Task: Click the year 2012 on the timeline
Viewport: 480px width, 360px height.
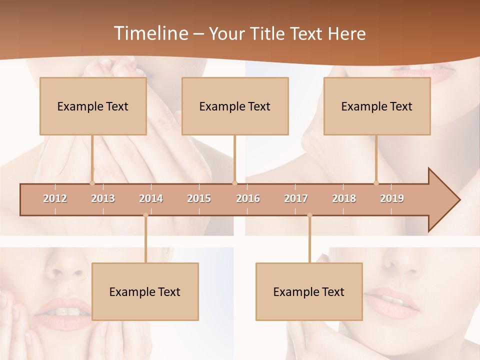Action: (55, 198)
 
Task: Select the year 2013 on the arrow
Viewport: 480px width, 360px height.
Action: (103, 198)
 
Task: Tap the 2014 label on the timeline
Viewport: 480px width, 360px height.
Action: (151, 198)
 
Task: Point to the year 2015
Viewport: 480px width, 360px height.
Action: (199, 198)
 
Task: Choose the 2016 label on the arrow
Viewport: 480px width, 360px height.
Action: (248, 198)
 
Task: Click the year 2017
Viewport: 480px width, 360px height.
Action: (296, 198)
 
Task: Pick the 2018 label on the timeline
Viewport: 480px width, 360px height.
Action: (344, 198)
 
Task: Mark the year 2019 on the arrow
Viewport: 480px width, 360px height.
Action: (392, 198)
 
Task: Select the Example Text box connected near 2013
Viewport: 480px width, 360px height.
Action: (93, 106)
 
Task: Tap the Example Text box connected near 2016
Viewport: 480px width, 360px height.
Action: (235, 106)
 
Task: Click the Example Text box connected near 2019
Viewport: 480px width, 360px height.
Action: (377, 106)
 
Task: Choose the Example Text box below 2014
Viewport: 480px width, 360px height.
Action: (145, 291)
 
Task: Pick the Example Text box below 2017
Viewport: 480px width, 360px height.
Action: (309, 291)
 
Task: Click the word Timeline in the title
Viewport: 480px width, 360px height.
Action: (150, 33)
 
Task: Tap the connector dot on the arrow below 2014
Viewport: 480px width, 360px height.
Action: (145, 215)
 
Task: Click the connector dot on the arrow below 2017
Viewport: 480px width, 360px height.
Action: (309, 215)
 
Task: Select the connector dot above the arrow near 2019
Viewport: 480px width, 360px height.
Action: (376, 183)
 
